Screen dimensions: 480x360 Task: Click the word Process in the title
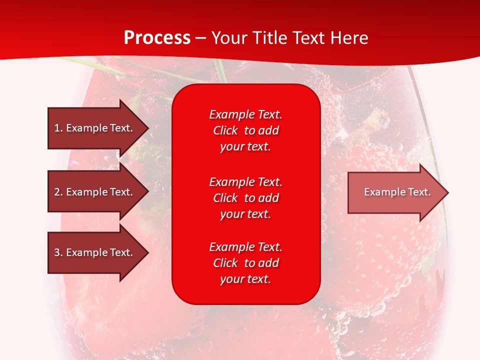[x=157, y=38]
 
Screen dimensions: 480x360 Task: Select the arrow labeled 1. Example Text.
[x=98, y=128]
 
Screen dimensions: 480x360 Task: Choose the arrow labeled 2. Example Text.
[x=98, y=191]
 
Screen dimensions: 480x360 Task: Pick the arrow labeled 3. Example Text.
[x=98, y=252]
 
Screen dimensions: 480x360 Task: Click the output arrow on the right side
[x=398, y=192]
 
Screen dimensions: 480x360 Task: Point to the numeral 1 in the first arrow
[x=56, y=128]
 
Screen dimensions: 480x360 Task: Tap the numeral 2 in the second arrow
[x=57, y=192]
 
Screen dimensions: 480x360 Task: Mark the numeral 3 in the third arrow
[x=57, y=252]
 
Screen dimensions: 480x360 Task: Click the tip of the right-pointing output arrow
[x=449, y=193]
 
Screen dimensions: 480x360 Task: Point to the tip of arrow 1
[x=149, y=128]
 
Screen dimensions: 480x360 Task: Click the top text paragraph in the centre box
[x=246, y=130]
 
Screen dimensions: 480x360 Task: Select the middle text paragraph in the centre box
[x=246, y=198]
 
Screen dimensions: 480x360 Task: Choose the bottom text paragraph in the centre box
[x=246, y=263]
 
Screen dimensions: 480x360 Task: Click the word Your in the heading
[x=229, y=38]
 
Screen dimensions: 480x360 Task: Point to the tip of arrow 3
[x=149, y=253]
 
